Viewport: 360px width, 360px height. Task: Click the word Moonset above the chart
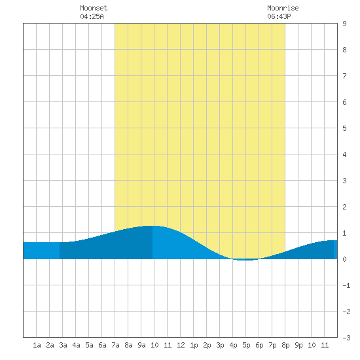(x=94, y=8)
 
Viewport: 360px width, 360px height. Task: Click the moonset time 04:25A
(x=92, y=16)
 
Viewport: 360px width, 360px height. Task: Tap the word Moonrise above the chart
(x=283, y=8)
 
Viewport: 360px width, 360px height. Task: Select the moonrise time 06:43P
(x=279, y=16)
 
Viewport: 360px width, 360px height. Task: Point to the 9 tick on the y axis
(x=344, y=24)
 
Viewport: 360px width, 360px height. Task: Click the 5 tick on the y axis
(x=344, y=128)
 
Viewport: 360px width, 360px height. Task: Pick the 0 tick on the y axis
(x=344, y=259)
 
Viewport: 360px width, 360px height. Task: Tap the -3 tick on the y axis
(x=346, y=338)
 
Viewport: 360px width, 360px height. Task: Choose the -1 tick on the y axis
(x=346, y=285)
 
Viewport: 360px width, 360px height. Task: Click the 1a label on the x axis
(x=37, y=345)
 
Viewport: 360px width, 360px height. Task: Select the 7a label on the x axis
(x=115, y=345)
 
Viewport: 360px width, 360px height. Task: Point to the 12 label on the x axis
(x=181, y=345)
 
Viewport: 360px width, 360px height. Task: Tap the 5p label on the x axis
(x=246, y=345)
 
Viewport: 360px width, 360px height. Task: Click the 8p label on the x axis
(x=285, y=345)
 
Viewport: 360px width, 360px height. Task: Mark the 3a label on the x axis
(x=63, y=345)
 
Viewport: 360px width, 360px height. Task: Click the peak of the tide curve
(x=152, y=226)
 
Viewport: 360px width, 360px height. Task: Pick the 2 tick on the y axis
(x=344, y=207)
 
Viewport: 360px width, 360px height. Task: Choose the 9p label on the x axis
(x=298, y=345)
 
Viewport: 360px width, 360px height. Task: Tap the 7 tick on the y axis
(x=344, y=76)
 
